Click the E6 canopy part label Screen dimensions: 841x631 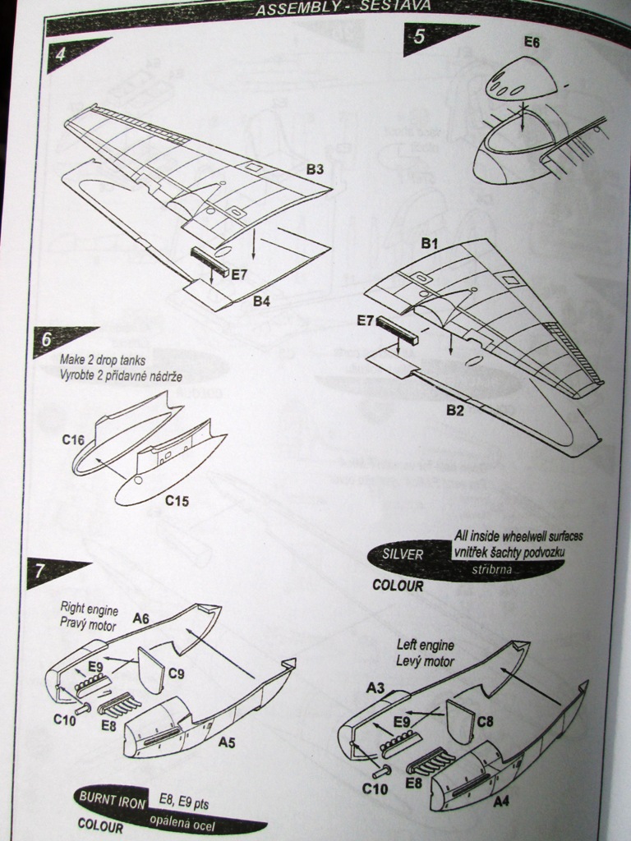click(x=532, y=43)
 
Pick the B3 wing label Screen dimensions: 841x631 click(x=315, y=170)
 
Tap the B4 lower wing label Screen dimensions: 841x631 click(x=261, y=301)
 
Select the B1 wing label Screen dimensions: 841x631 click(x=431, y=243)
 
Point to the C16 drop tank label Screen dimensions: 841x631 click(x=73, y=440)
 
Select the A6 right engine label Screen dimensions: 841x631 click(x=140, y=619)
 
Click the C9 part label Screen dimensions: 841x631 click(x=177, y=674)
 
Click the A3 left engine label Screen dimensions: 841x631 click(x=375, y=688)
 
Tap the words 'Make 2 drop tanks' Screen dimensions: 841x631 click(x=103, y=359)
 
